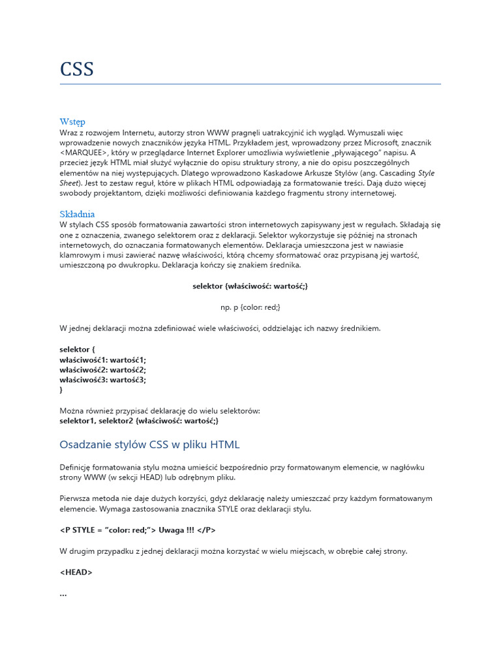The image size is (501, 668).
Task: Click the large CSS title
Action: point(77,69)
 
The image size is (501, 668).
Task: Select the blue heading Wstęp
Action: point(72,121)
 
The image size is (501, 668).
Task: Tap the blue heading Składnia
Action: point(77,214)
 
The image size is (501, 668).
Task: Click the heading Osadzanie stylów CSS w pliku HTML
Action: point(149,445)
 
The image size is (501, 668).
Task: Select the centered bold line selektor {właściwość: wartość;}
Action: point(250,286)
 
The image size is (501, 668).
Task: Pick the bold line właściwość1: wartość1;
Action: point(103,359)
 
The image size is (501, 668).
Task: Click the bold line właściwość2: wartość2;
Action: point(103,369)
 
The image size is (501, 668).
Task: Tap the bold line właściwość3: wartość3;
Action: point(103,380)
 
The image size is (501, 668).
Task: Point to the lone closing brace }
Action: point(61,389)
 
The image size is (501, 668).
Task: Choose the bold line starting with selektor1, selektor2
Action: point(139,421)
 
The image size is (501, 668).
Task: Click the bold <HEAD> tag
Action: point(76,572)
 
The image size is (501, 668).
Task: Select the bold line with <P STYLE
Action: point(138,530)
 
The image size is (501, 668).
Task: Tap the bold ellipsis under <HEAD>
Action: point(63,593)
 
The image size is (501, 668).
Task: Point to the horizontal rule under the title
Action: point(250,84)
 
